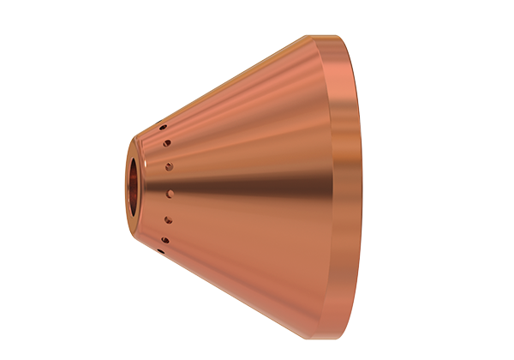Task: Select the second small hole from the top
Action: [167, 143]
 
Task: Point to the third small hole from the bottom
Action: [168, 219]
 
